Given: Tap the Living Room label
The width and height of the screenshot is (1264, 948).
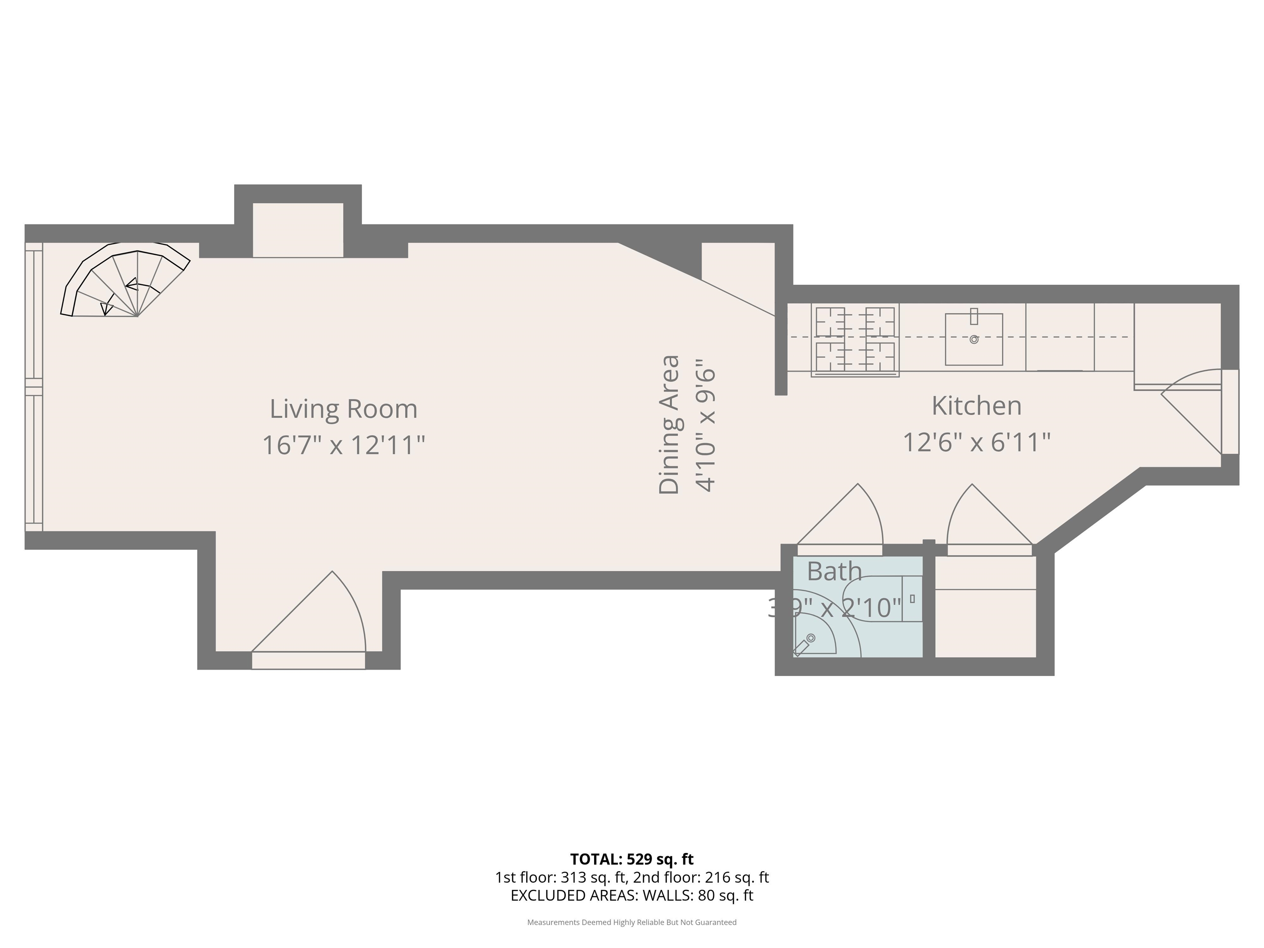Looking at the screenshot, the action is click(x=344, y=409).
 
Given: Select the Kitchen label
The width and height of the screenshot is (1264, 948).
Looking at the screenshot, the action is click(x=976, y=406).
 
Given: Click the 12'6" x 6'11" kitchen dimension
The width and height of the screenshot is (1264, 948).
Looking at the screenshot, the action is click(x=976, y=442).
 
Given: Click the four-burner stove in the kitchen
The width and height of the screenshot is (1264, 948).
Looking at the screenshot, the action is click(x=855, y=340).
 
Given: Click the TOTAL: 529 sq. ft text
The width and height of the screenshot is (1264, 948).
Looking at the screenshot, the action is click(x=632, y=859).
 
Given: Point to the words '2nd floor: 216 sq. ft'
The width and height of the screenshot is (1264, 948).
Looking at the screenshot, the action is click(x=701, y=877).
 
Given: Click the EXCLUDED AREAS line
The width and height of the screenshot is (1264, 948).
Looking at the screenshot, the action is click(x=632, y=895).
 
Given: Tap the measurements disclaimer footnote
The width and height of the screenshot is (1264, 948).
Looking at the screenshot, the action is click(x=632, y=922).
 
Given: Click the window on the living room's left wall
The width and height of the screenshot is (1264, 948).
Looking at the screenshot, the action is click(x=34, y=387).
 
